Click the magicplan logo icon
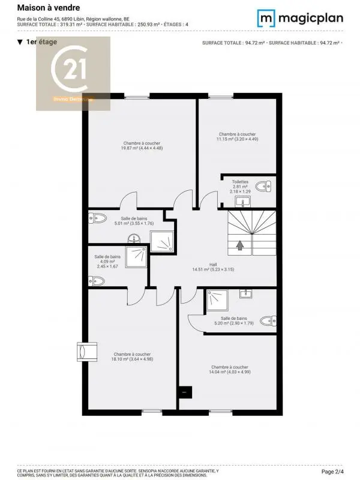pos(266,18)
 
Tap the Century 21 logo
pos(73,73)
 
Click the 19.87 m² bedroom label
pos(142,146)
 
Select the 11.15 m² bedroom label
pos(237,136)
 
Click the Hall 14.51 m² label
pos(212,267)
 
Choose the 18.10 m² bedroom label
pos(132,358)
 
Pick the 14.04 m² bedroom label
pos(229,370)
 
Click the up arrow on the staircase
pos(240,245)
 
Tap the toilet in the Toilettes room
pos(263,187)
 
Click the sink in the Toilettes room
pos(243,200)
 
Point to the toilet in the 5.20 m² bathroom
pos(271,320)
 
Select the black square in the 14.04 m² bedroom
pos(187,392)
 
